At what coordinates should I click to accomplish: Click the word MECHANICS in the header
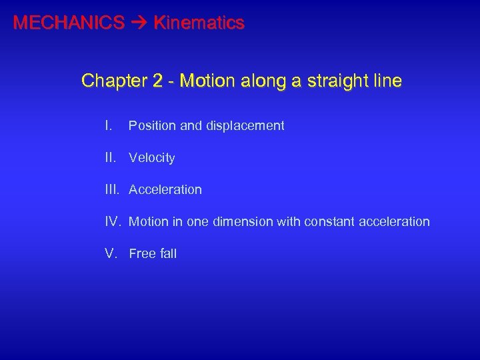pos(69,23)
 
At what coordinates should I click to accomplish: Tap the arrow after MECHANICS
pos(139,23)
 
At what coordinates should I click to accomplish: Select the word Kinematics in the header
pos(199,23)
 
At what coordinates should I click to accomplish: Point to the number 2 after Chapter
pos(157,81)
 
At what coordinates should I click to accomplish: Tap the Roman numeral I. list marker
pos(109,125)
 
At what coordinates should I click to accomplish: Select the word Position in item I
pos(152,125)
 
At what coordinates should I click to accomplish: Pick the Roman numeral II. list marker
pos(111,157)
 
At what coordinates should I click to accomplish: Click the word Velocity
pos(152,158)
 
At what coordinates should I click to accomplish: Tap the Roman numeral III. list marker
pos(113,189)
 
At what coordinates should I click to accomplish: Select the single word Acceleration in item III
pos(165,190)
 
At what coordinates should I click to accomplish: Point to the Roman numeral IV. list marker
pos(113,221)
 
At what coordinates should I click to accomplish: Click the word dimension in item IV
pos(241,221)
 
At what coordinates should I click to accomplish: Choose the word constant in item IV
pos(328,221)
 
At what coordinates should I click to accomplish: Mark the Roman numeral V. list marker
pos(111,253)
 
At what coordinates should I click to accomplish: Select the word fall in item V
pos(168,254)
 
